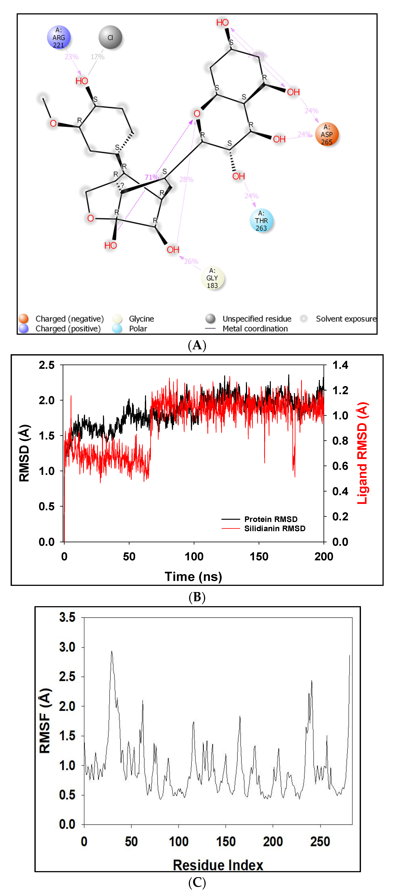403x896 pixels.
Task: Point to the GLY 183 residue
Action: [x=212, y=278]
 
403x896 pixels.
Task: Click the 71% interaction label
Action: [x=151, y=177]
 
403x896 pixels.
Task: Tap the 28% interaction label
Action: [x=186, y=179]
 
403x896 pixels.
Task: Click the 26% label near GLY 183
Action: [x=191, y=261]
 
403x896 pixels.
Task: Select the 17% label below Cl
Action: [x=97, y=57]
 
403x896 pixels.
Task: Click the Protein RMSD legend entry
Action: [x=270, y=519]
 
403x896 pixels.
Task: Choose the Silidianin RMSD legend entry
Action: [x=275, y=529]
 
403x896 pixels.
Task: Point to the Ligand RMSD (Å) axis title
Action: [x=362, y=453]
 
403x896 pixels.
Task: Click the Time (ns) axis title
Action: [x=193, y=577]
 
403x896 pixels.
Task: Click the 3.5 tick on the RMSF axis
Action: [x=67, y=617]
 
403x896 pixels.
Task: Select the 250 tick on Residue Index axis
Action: [x=320, y=842]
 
